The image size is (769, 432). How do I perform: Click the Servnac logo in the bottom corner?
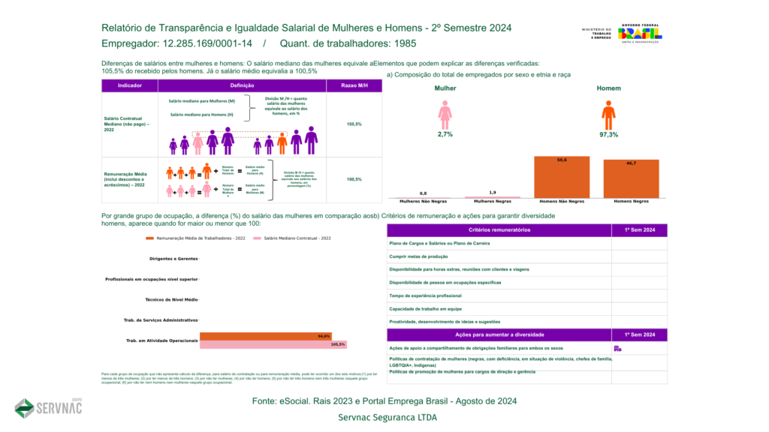pos(48,407)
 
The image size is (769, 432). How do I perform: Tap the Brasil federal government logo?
pos(639,34)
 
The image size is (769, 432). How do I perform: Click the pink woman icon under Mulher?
pos(445,115)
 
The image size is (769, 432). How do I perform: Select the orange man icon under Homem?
pos(608,115)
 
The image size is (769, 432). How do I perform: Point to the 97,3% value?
pos(608,135)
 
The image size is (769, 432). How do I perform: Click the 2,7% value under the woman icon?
pos(445,135)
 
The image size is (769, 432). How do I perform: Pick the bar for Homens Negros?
pos(630,178)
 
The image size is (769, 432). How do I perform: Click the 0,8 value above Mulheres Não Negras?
pos(424,193)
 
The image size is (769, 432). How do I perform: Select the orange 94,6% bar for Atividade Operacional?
pos(265,336)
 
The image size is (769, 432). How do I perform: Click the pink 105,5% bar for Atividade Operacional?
pos(273,344)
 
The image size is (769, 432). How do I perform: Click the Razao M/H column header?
pos(354,86)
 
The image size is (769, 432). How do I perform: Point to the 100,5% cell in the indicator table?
pos(354,179)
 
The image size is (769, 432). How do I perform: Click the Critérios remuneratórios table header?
pos(499,229)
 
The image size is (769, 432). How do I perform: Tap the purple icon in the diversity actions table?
pos(617,348)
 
